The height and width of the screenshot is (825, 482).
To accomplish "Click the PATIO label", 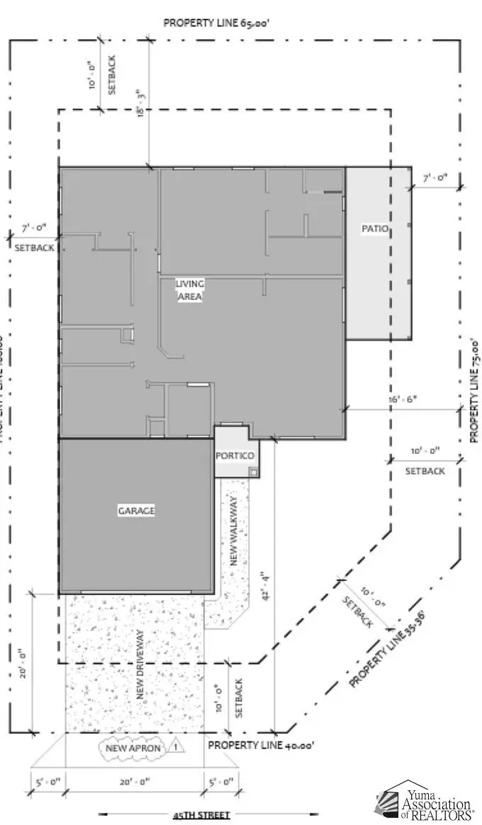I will click(x=374, y=228).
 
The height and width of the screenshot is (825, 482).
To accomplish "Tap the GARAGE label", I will click(x=136, y=511).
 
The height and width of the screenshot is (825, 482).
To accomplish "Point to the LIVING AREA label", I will click(x=190, y=290).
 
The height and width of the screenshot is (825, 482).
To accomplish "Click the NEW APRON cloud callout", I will click(x=135, y=748).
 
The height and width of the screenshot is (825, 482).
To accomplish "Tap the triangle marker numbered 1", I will click(x=176, y=746).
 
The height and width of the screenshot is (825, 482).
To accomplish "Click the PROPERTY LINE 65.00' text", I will click(x=216, y=23).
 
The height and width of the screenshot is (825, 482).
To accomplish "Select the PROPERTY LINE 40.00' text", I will click(x=260, y=746).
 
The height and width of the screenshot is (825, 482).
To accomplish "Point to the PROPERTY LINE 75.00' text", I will click(x=475, y=390).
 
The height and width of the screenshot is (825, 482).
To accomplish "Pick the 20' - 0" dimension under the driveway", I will click(x=138, y=782).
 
